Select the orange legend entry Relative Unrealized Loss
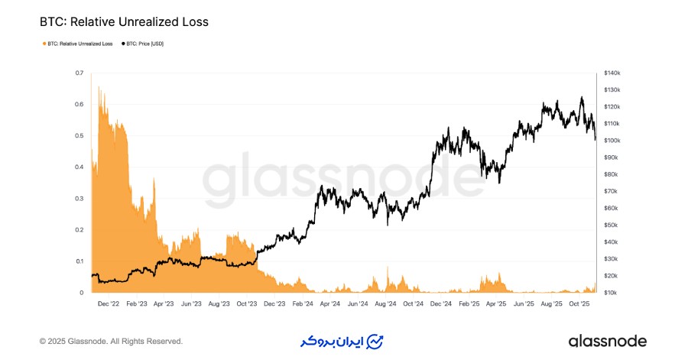coord(76,44)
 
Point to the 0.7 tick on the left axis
coord(80,73)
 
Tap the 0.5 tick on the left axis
coord(80,136)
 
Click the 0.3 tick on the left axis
coord(80,199)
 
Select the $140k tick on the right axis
coord(612,73)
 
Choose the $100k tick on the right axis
coord(612,141)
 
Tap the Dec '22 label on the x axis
coord(109,303)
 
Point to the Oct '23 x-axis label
coord(247,303)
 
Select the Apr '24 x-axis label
coord(330,303)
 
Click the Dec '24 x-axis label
coord(441,303)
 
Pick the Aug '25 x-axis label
coord(551,303)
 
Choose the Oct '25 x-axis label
coord(579,303)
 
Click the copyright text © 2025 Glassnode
coord(111,341)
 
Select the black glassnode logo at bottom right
coord(607,341)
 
